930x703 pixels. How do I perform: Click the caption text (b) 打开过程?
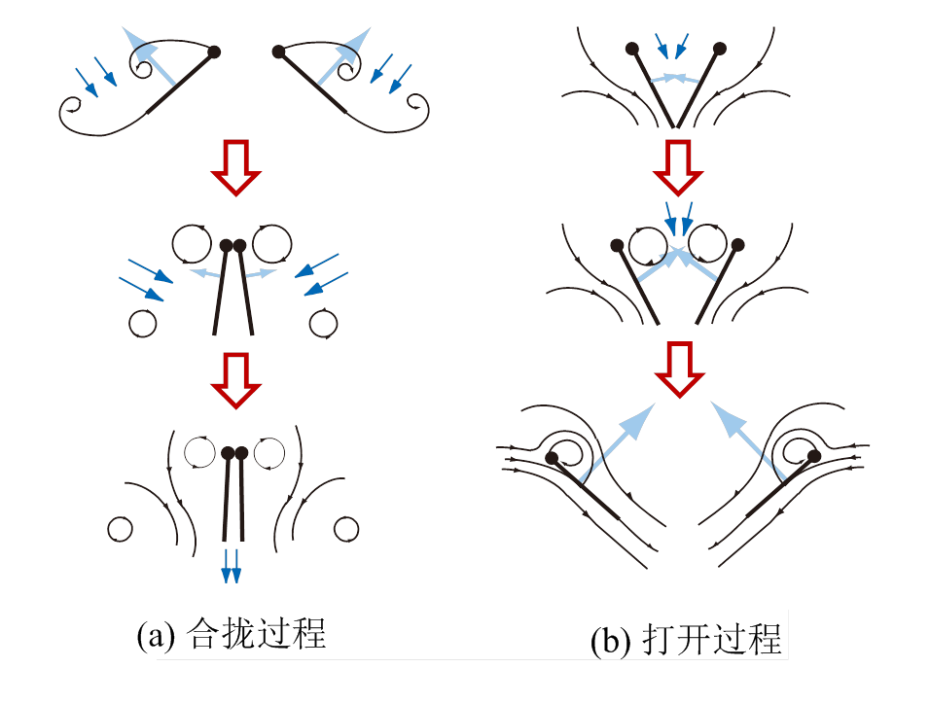(x=687, y=641)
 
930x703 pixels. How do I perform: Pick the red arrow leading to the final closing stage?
(x=236, y=379)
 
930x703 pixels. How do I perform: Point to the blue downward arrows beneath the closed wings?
(x=231, y=565)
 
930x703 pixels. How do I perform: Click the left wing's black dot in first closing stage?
(x=214, y=52)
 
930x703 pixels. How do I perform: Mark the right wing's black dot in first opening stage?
(x=721, y=48)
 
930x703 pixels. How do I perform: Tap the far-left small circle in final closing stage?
(x=120, y=529)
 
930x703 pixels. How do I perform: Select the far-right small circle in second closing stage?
(x=324, y=322)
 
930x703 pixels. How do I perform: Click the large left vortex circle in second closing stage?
(x=190, y=243)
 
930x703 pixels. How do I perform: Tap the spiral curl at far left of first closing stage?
(x=71, y=110)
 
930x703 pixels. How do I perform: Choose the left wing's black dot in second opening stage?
(x=617, y=245)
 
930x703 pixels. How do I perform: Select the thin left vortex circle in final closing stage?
(x=200, y=452)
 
